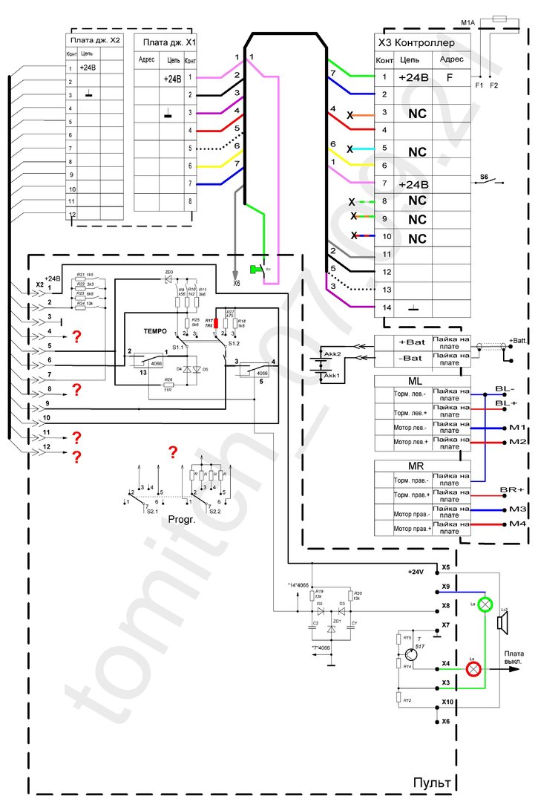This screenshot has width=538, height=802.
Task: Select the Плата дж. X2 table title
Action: point(95,40)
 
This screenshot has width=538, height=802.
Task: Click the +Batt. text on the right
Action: point(521,339)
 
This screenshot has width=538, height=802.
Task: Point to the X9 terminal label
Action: point(444,587)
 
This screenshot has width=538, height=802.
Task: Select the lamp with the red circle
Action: point(473,668)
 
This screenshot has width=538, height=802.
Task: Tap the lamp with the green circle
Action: point(485,604)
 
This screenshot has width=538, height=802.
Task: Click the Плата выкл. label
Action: point(516,656)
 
